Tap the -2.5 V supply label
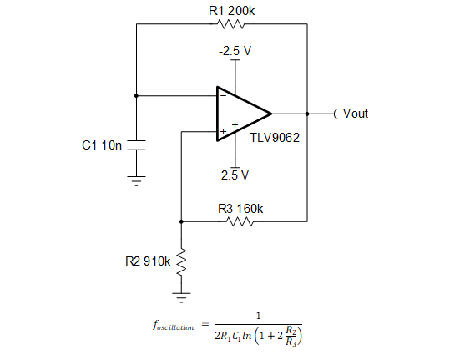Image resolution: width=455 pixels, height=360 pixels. pyautogui.click(x=235, y=51)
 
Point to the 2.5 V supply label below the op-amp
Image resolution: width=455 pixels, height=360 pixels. pyautogui.click(x=235, y=175)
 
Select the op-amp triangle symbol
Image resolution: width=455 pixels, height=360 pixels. pyautogui.click(x=241, y=113)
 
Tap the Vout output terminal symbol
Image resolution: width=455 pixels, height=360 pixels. pyautogui.click(x=336, y=114)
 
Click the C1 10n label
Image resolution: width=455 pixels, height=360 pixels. pyautogui.click(x=102, y=145)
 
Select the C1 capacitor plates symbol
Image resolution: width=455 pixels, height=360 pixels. pyautogui.click(x=136, y=145)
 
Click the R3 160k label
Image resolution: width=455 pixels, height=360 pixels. pyautogui.click(x=240, y=208)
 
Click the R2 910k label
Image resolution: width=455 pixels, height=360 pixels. pyautogui.click(x=147, y=261)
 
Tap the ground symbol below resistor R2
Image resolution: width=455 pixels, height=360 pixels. pyautogui.click(x=181, y=295)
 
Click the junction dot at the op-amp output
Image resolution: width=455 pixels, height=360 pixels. pyautogui.click(x=307, y=114)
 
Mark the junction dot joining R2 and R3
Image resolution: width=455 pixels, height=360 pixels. pyautogui.click(x=181, y=222)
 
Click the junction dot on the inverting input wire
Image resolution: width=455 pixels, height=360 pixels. pyautogui.click(x=136, y=94)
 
